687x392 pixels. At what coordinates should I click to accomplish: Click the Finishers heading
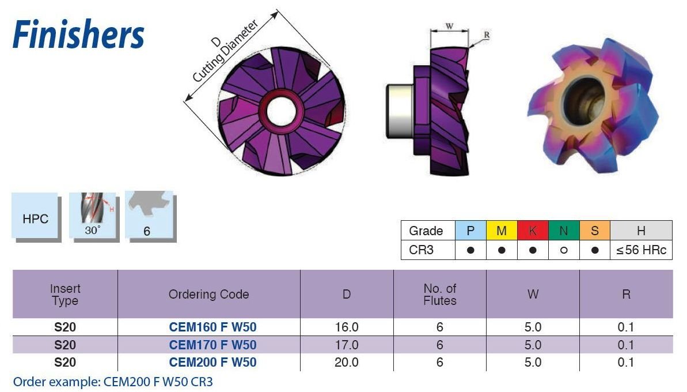[x=78, y=35]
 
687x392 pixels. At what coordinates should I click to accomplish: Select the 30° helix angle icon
[x=92, y=216]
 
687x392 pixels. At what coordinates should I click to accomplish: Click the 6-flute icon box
[x=148, y=216]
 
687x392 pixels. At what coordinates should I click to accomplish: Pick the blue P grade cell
[x=470, y=231]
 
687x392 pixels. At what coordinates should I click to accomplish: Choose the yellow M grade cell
[x=502, y=231]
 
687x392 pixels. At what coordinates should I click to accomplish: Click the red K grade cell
[x=533, y=231]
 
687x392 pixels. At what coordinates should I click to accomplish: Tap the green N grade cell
[x=564, y=231]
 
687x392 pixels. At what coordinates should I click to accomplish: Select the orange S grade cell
[x=595, y=231]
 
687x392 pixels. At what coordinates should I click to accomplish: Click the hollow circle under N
[x=564, y=251]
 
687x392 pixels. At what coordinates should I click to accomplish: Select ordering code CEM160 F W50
[x=212, y=327]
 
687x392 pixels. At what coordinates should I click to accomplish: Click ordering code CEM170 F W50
[x=212, y=345]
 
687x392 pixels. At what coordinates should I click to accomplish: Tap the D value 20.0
[x=347, y=362]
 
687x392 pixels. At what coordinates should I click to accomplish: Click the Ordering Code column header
[x=208, y=294]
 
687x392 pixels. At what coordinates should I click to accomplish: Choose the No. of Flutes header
[x=440, y=294]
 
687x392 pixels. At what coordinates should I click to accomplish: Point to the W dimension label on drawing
[x=449, y=26]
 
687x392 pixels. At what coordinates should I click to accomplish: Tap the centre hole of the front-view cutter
[x=281, y=109]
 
